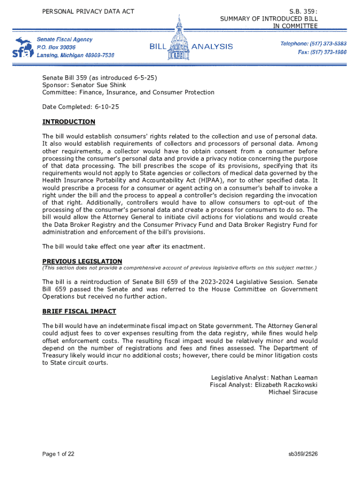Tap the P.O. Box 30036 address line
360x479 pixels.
coord(56,47)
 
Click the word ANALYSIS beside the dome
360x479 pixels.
coord(212,46)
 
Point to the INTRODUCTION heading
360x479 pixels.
coord(69,122)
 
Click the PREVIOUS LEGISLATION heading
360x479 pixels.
coord(82,261)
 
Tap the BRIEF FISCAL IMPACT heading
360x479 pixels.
coord(79,311)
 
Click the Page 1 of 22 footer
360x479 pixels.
coord(58,454)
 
